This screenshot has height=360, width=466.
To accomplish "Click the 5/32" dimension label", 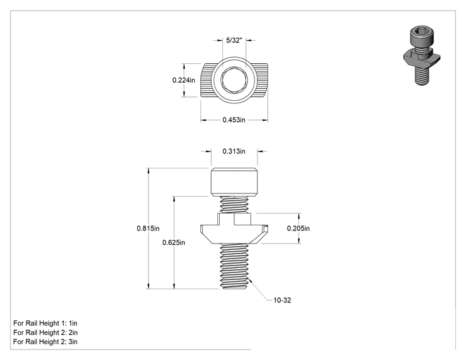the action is (x=234, y=41).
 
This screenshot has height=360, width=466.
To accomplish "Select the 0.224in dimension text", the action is (x=184, y=80).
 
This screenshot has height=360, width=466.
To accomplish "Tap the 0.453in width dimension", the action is (x=234, y=120).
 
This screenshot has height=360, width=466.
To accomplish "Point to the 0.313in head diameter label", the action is (x=234, y=151).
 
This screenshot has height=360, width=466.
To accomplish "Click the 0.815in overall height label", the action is (x=148, y=229).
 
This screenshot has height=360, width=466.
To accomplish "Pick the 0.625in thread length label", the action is (x=173, y=243).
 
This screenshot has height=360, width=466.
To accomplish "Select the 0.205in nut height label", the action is (x=298, y=229).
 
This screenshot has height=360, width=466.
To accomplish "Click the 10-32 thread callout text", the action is (x=282, y=301).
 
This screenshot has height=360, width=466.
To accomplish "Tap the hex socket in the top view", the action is (x=234, y=80).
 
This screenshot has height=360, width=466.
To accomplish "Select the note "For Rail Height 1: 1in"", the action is (x=45, y=323).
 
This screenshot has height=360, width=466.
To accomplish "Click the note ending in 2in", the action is (x=45, y=332).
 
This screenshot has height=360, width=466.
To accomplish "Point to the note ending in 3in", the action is (x=45, y=342).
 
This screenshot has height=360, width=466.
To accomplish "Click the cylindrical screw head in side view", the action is (x=234, y=182).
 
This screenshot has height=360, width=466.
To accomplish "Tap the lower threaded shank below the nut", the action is (x=234, y=266).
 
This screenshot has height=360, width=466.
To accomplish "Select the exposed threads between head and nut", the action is (x=234, y=205).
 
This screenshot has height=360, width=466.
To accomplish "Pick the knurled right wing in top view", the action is (x=261, y=80).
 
